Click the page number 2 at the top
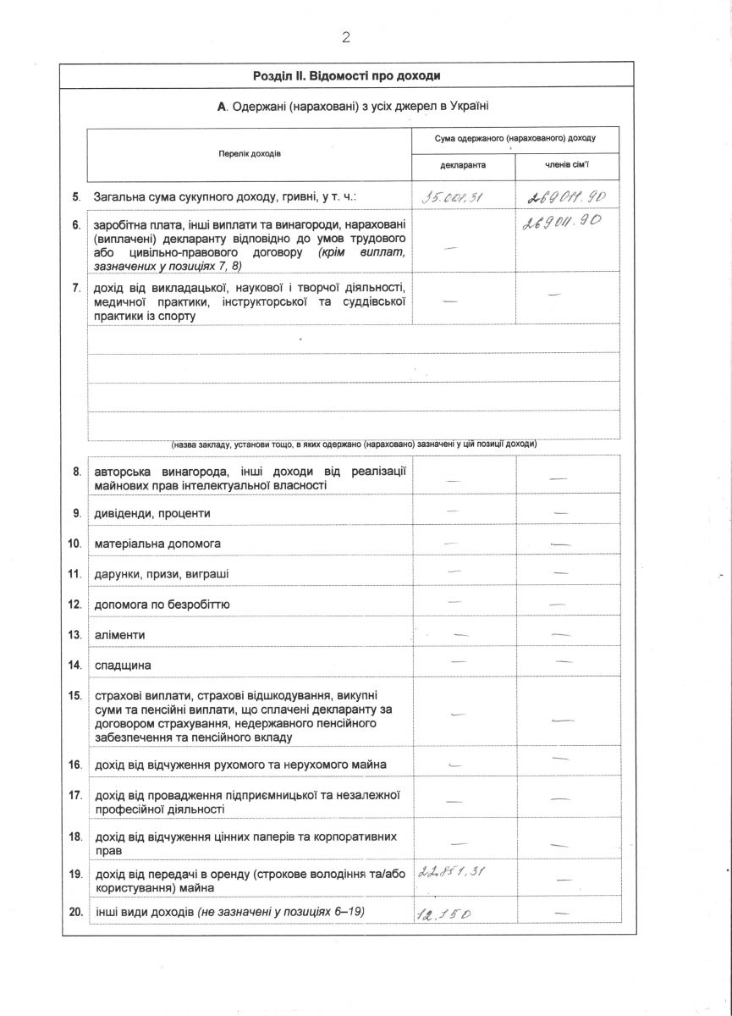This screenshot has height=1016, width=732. click(x=346, y=36)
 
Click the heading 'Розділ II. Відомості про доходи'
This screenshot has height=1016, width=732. click(x=346, y=75)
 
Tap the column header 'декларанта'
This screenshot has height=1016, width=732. click(x=463, y=166)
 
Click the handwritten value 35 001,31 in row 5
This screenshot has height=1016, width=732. click(x=453, y=200)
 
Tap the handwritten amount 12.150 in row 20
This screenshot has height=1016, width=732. click(x=443, y=914)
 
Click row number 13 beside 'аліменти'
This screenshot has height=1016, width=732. click(x=74, y=635)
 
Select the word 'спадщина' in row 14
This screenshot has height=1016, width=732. click(x=123, y=665)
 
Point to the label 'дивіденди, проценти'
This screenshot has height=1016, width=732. click(x=152, y=513)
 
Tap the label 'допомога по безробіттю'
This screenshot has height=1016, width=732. click(x=162, y=605)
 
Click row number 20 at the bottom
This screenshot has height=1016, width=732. click(x=74, y=912)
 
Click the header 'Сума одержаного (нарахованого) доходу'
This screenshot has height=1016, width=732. click(x=515, y=137)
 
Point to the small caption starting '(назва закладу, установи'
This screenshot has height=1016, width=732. click(x=354, y=444)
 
